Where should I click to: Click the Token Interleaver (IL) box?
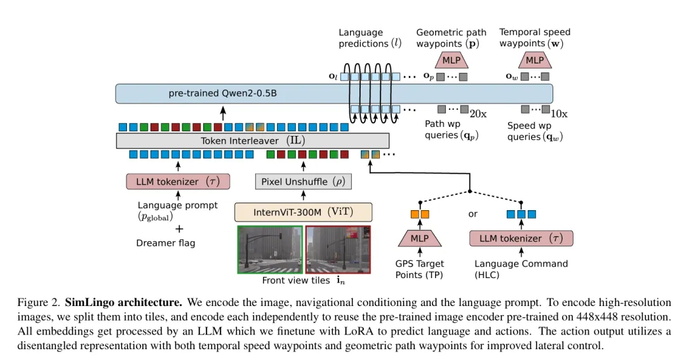pos(252,140)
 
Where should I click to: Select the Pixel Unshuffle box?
pos(303,182)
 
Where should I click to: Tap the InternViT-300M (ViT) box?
pos(303,211)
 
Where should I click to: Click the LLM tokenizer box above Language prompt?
pos(177,182)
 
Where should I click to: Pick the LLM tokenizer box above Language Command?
pos(521,239)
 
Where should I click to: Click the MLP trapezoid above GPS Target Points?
pos(419,239)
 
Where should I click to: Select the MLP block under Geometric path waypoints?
pos(451,60)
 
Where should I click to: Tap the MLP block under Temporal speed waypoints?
pos(534,60)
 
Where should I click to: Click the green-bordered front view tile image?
pos(270,249)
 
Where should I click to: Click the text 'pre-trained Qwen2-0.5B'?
pos(222,93)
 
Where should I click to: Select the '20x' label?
pos(478,114)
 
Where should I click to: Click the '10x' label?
pos(559,114)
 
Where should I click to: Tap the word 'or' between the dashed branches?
pos(473,214)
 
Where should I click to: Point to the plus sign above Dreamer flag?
pos(179,229)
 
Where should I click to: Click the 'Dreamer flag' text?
pos(166,243)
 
